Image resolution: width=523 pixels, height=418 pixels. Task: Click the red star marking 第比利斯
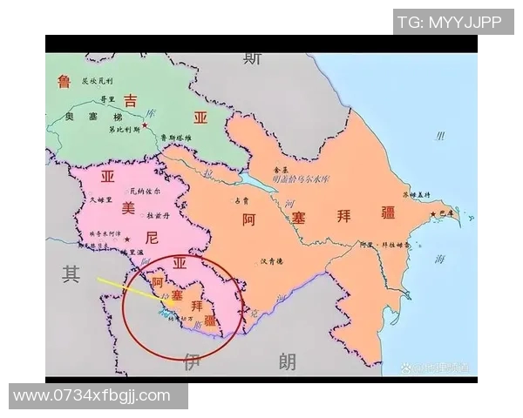(146, 128)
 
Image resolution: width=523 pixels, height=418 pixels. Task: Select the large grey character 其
(71, 274)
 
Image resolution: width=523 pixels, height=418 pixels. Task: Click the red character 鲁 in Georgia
(64, 82)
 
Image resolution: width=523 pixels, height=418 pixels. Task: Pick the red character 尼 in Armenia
(153, 238)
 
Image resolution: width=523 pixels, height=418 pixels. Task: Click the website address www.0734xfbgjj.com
(92, 396)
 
